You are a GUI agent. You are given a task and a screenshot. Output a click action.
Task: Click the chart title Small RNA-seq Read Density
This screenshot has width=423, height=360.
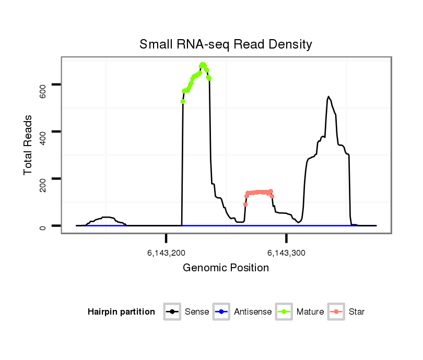[x=226, y=44]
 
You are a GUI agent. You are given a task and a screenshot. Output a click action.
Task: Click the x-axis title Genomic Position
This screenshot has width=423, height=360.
[x=226, y=268]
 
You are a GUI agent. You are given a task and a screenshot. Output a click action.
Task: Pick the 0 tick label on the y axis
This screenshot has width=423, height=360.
[x=43, y=226]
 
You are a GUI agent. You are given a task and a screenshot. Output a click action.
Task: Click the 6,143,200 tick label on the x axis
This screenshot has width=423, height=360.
[x=166, y=253]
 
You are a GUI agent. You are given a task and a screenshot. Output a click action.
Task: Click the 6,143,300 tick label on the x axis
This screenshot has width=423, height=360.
[x=286, y=253]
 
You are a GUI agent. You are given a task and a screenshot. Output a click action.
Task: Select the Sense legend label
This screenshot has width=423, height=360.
[x=197, y=312]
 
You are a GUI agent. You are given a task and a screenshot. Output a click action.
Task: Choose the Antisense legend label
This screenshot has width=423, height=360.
[x=253, y=312]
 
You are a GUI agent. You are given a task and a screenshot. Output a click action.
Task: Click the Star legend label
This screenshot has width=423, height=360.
[x=357, y=312]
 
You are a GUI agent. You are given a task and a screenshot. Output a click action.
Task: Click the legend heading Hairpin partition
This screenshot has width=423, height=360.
[x=121, y=312]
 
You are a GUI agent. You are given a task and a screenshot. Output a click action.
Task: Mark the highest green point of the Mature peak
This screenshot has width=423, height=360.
[x=203, y=64]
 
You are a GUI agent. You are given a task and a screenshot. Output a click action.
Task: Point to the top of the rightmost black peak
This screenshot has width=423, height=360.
[x=328, y=97]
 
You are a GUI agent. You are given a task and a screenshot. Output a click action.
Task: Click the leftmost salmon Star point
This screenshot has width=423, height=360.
[x=245, y=205]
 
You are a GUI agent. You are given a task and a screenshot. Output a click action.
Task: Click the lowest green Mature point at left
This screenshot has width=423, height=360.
[x=183, y=101]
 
